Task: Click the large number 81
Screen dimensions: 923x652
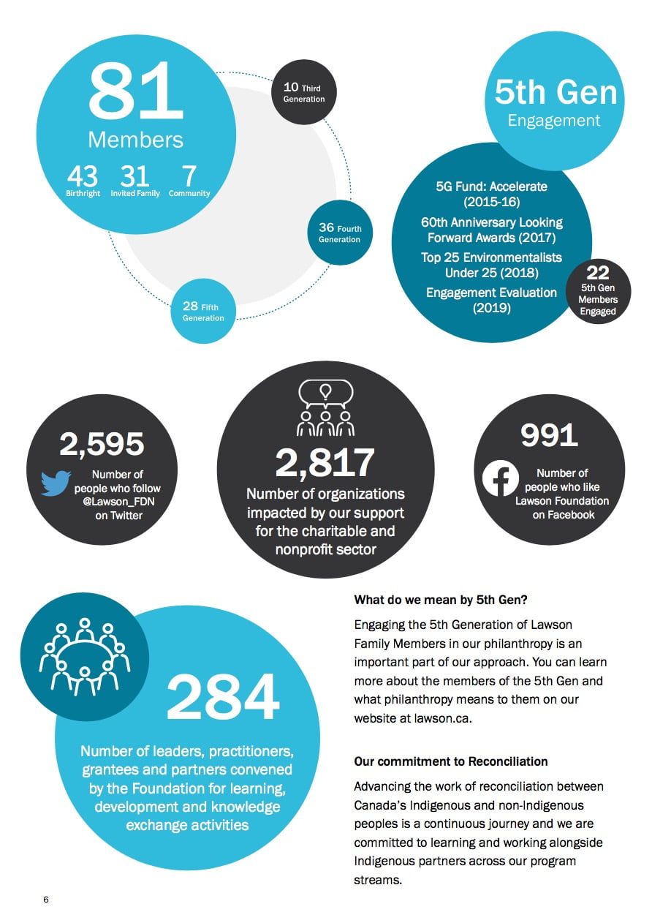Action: pos(135,91)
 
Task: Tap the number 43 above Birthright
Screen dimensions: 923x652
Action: pos(83,176)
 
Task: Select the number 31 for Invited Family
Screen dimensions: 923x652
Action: pos(134,176)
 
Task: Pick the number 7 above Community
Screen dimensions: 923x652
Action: pos(189,176)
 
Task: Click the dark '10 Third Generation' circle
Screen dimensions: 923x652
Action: pos(304,92)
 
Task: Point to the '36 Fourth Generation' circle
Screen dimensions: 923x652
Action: pos(340,233)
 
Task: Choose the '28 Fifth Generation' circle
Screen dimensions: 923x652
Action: pos(204,311)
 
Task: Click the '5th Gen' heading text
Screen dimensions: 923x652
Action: pos(556,93)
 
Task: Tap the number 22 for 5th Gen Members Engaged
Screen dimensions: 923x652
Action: pos(598,273)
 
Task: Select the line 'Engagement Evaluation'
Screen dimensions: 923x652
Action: pos(491,293)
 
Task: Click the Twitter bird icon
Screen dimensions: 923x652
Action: pos(56,483)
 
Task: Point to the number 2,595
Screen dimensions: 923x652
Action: pos(102,443)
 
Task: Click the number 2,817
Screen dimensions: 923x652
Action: pos(325,462)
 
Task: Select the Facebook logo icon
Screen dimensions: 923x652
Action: pos(501,478)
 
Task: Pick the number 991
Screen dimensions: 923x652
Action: pos(550,435)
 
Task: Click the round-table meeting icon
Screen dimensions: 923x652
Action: pos(85,655)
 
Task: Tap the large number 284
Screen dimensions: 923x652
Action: pos(223,697)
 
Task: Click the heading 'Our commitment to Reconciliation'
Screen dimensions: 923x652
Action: pos(451,761)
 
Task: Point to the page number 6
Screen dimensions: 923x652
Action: pos(46,899)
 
